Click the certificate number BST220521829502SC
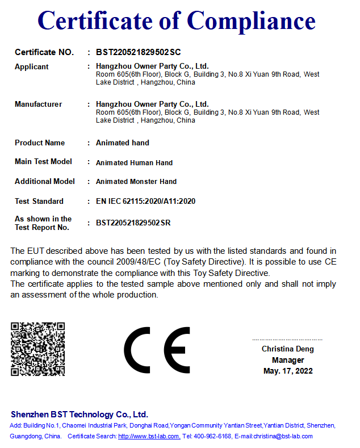(x=138, y=52)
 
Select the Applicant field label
(x=32, y=67)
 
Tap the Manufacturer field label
(x=39, y=104)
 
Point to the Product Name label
(x=40, y=143)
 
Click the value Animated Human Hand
(x=134, y=163)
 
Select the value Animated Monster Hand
(x=136, y=182)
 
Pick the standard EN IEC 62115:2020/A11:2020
(x=145, y=202)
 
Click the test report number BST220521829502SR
(x=133, y=223)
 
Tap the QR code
(x=38, y=349)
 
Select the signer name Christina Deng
(x=287, y=349)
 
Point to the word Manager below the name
(x=288, y=360)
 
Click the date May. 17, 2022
(x=288, y=371)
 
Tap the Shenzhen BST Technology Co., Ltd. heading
(x=79, y=415)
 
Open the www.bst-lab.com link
(x=149, y=437)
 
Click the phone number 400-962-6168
(x=212, y=437)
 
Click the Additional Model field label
(x=45, y=182)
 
